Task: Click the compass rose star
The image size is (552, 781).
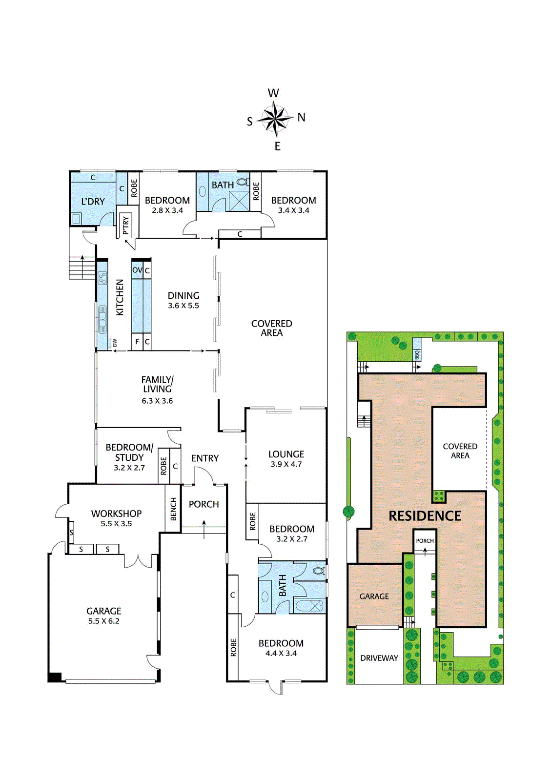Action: tap(275, 119)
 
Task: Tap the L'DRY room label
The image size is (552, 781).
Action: tap(93, 201)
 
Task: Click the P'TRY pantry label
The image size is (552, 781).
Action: tap(126, 225)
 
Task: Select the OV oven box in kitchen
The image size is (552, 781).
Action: tap(137, 270)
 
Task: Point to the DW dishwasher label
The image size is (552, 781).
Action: tap(115, 343)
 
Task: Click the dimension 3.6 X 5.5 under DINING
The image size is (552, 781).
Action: tap(184, 306)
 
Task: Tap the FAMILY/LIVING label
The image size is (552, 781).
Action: tap(157, 384)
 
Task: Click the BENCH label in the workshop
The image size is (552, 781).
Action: tap(173, 509)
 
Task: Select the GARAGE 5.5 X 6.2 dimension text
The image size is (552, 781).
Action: tap(103, 621)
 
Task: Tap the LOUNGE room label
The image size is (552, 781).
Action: tap(286, 454)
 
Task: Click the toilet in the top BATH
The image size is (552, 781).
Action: tap(242, 183)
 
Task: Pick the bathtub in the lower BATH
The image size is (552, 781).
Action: tap(309, 606)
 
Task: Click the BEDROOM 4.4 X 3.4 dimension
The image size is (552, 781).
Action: tap(281, 654)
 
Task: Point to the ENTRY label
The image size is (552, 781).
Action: tap(205, 458)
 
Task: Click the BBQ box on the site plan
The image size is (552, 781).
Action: tap(417, 355)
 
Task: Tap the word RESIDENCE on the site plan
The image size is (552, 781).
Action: tap(425, 516)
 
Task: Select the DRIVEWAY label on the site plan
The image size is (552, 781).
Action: tap(379, 658)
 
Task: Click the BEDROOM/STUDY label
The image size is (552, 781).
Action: tap(129, 452)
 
